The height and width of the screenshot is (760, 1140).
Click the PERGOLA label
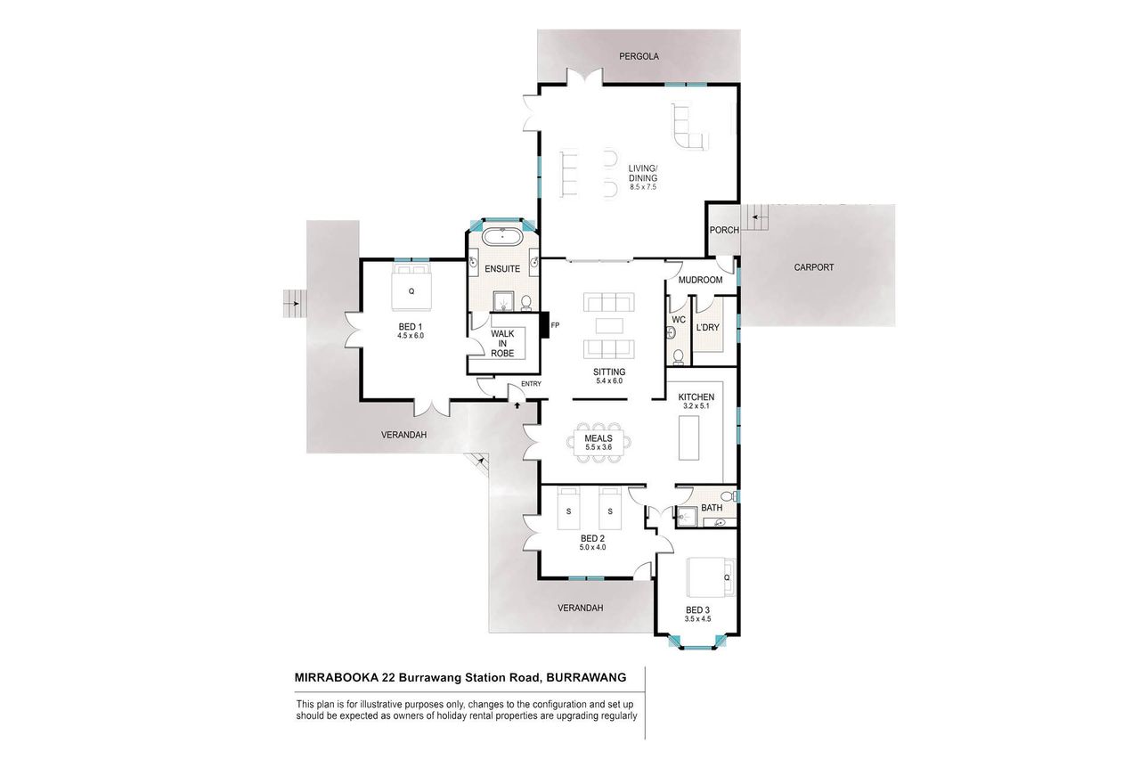pos(639,56)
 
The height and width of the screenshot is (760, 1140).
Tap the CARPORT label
pos(814,267)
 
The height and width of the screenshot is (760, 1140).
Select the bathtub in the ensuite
pos(502,237)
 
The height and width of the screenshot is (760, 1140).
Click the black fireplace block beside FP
pos(544,325)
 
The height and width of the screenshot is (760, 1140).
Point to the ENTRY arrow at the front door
pos(517,405)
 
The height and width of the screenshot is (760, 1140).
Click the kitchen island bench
pos(688,437)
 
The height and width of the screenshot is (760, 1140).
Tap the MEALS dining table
pos(598,443)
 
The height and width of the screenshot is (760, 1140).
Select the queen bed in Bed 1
pos(411,287)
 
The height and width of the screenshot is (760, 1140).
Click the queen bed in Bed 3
pos(711,577)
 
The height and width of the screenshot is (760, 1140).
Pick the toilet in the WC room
pos(678,357)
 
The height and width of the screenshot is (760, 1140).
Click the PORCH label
pos(724,230)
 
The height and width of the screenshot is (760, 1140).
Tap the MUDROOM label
pos(700,280)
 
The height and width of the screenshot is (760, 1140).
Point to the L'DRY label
pos(707,327)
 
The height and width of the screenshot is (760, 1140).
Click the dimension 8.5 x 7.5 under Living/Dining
pos(643,187)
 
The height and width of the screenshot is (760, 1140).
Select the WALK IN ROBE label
pos(502,344)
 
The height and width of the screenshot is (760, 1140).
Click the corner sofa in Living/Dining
pos(689,127)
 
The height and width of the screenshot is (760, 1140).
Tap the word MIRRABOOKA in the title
pos(337,677)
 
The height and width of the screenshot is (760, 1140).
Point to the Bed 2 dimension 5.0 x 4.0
pos(592,548)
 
